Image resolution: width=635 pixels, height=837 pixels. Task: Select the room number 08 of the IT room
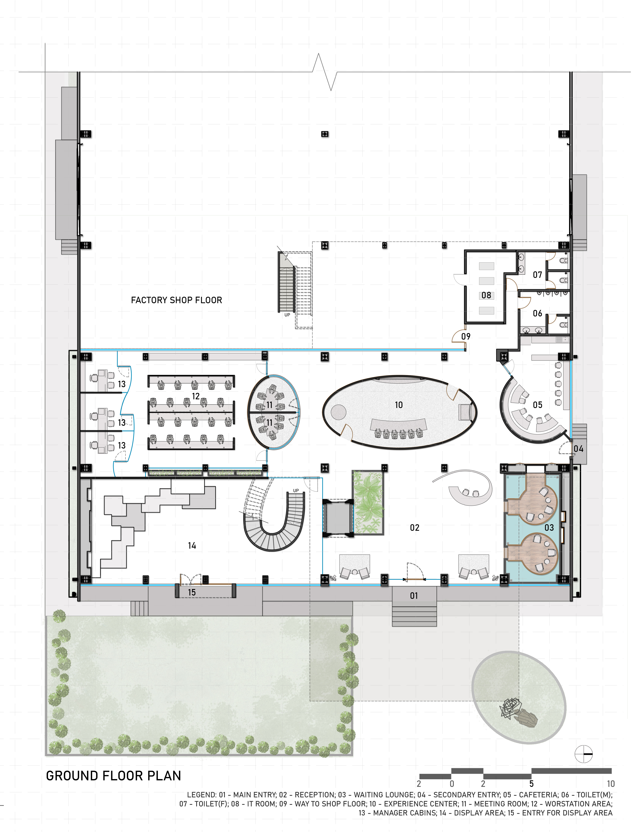point(486,295)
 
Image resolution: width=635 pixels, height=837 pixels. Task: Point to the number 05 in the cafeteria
point(537,405)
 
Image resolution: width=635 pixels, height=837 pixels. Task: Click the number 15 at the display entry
point(192,592)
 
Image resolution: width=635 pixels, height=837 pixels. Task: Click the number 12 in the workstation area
point(196,396)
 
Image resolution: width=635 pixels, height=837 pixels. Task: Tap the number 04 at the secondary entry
point(578,449)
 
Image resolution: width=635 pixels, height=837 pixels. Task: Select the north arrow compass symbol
point(584,754)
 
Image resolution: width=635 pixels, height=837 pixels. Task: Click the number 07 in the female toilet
point(537,275)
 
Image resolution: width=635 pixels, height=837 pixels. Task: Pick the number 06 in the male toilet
point(537,313)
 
